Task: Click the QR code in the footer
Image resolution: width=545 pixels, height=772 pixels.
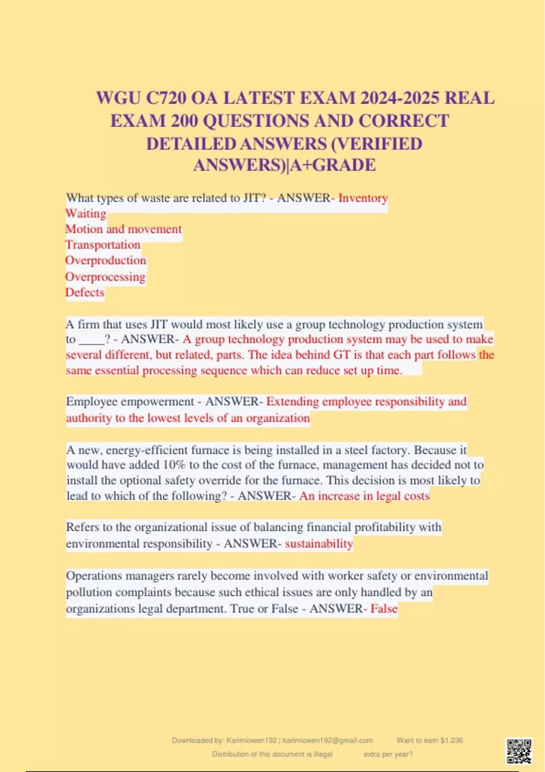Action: click(519, 751)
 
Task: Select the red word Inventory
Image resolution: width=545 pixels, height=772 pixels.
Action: click(363, 198)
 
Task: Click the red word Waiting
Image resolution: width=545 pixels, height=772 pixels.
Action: click(86, 213)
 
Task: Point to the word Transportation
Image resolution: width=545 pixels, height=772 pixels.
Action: click(103, 245)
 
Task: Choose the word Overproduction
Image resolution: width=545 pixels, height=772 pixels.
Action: click(106, 261)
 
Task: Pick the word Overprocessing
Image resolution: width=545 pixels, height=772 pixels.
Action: click(105, 277)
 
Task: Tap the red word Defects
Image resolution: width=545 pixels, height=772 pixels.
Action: click(85, 292)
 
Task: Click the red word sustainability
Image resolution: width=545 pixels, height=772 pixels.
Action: click(319, 544)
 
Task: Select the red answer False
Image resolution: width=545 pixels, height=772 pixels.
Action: click(384, 609)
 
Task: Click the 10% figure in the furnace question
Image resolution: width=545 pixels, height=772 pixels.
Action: click(174, 465)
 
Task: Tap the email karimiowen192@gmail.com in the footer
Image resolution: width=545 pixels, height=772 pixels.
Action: click(327, 740)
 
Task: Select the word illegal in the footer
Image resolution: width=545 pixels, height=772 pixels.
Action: click(323, 754)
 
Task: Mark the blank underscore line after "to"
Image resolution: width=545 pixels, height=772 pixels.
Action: click(91, 340)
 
